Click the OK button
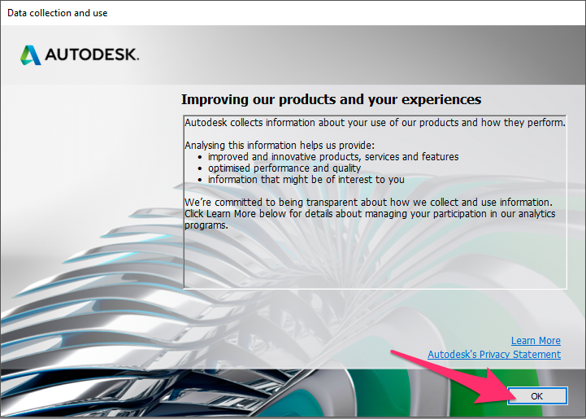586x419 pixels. tap(537, 395)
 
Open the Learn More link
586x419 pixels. tap(536, 340)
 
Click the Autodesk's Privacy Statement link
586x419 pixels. tap(494, 354)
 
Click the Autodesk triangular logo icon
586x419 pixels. tap(31, 55)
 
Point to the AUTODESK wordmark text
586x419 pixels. tap(92, 55)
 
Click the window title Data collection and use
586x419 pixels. tap(57, 13)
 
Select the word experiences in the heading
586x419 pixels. tap(441, 100)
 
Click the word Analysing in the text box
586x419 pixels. tap(204, 146)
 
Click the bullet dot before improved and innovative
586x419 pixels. tap(200, 158)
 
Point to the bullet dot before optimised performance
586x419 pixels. tap(200, 169)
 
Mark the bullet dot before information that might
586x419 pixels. tap(200, 181)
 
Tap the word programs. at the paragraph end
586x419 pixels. tap(206, 225)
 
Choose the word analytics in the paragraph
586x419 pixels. tap(537, 214)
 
